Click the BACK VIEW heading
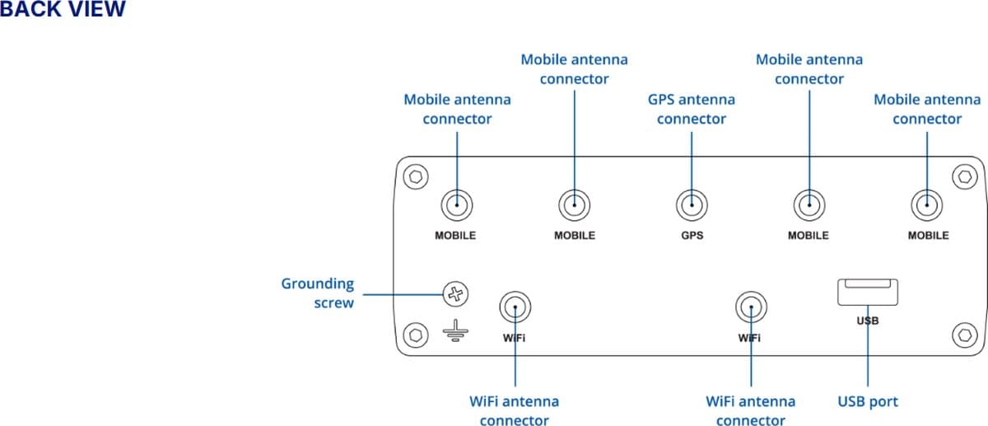(63, 9)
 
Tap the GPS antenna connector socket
(692, 203)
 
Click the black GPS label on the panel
(692, 236)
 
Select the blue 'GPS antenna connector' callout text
(692, 109)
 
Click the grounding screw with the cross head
(455, 293)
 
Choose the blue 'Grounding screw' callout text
(318, 293)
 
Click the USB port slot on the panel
(868, 293)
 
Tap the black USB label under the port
(868, 321)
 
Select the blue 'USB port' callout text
(868, 402)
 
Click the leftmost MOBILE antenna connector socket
(455, 203)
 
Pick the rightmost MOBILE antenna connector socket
(927, 203)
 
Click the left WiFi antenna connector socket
(515, 308)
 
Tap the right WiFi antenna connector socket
(750, 308)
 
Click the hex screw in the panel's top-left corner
(417, 176)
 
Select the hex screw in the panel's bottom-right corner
(964, 335)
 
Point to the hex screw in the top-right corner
(964, 176)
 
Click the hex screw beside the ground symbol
(417, 335)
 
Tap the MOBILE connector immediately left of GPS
(574, 203)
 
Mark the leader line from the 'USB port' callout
(868, 354)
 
